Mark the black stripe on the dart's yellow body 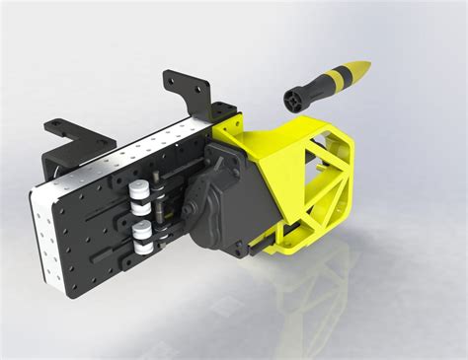click(338, 80)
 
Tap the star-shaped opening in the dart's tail click(292, 99)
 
